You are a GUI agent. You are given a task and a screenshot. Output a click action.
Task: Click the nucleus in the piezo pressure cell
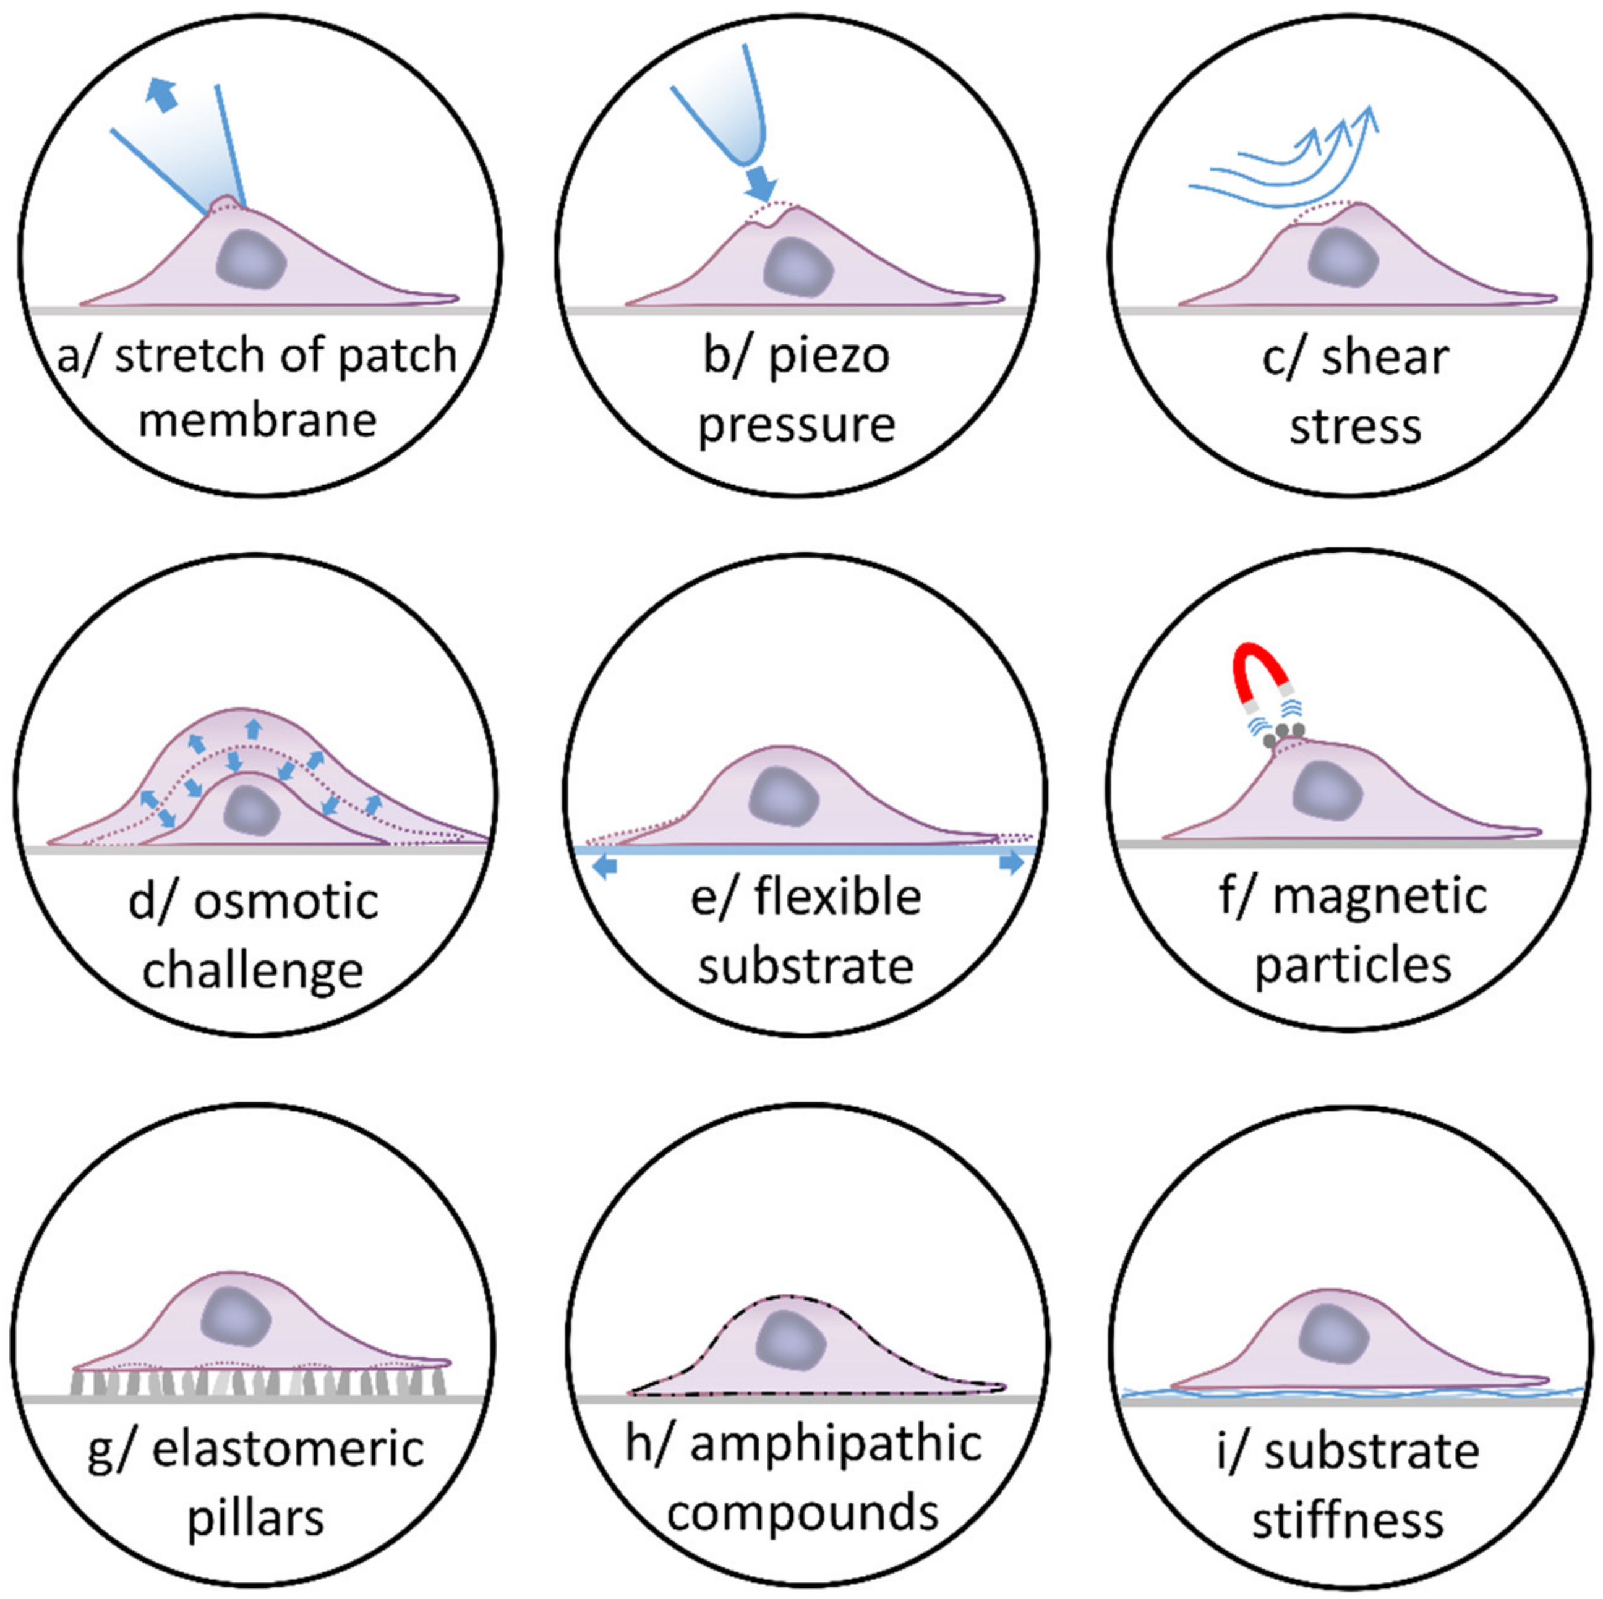[x=797, y=267]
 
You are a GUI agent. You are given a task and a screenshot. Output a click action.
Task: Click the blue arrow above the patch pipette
[x=162, y=94]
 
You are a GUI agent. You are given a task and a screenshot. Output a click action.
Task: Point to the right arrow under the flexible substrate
[x=1011, y=863]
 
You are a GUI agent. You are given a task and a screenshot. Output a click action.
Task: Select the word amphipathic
[x=836, y=1444]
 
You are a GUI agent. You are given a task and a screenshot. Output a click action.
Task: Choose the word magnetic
[x=1379, y=897]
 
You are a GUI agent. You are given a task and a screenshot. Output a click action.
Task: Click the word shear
[x=1385, y=358]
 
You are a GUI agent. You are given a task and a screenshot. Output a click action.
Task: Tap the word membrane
[x=257, y=420]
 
